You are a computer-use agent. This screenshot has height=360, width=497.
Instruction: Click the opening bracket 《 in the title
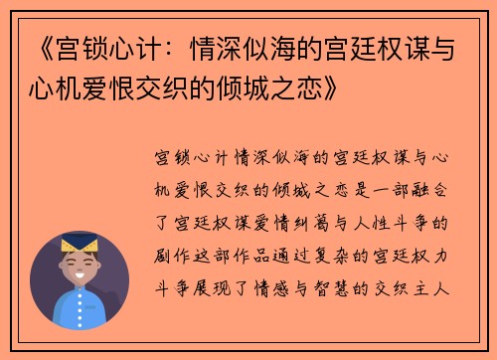pyautogui.click(x=33, y=46)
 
